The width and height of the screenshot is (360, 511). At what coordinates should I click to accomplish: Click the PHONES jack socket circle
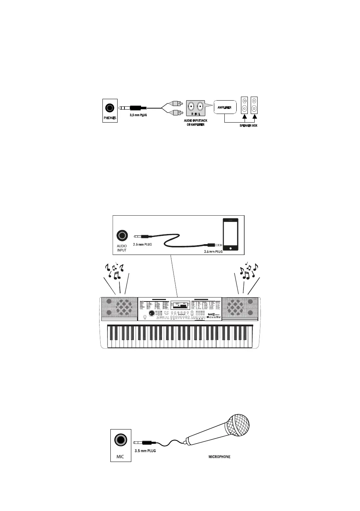110,108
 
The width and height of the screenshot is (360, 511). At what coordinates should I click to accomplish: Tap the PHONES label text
110,118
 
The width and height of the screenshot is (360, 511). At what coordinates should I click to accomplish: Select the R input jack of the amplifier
191,107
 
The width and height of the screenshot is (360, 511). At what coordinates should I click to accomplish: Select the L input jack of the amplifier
200,107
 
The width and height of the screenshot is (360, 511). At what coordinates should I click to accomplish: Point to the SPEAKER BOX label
248,125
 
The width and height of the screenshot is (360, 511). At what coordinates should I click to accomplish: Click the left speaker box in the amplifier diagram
245,105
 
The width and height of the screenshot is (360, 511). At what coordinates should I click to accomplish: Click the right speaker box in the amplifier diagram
254,105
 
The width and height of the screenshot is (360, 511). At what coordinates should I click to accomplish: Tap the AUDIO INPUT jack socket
122,236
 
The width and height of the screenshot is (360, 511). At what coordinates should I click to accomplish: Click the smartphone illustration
230,234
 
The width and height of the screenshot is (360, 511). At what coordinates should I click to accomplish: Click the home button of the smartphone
230,248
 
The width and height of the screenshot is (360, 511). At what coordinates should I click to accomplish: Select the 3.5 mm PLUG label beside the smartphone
213,251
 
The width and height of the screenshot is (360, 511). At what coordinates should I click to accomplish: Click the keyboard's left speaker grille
119,307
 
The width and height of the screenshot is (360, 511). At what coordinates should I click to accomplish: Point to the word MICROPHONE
219,457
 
